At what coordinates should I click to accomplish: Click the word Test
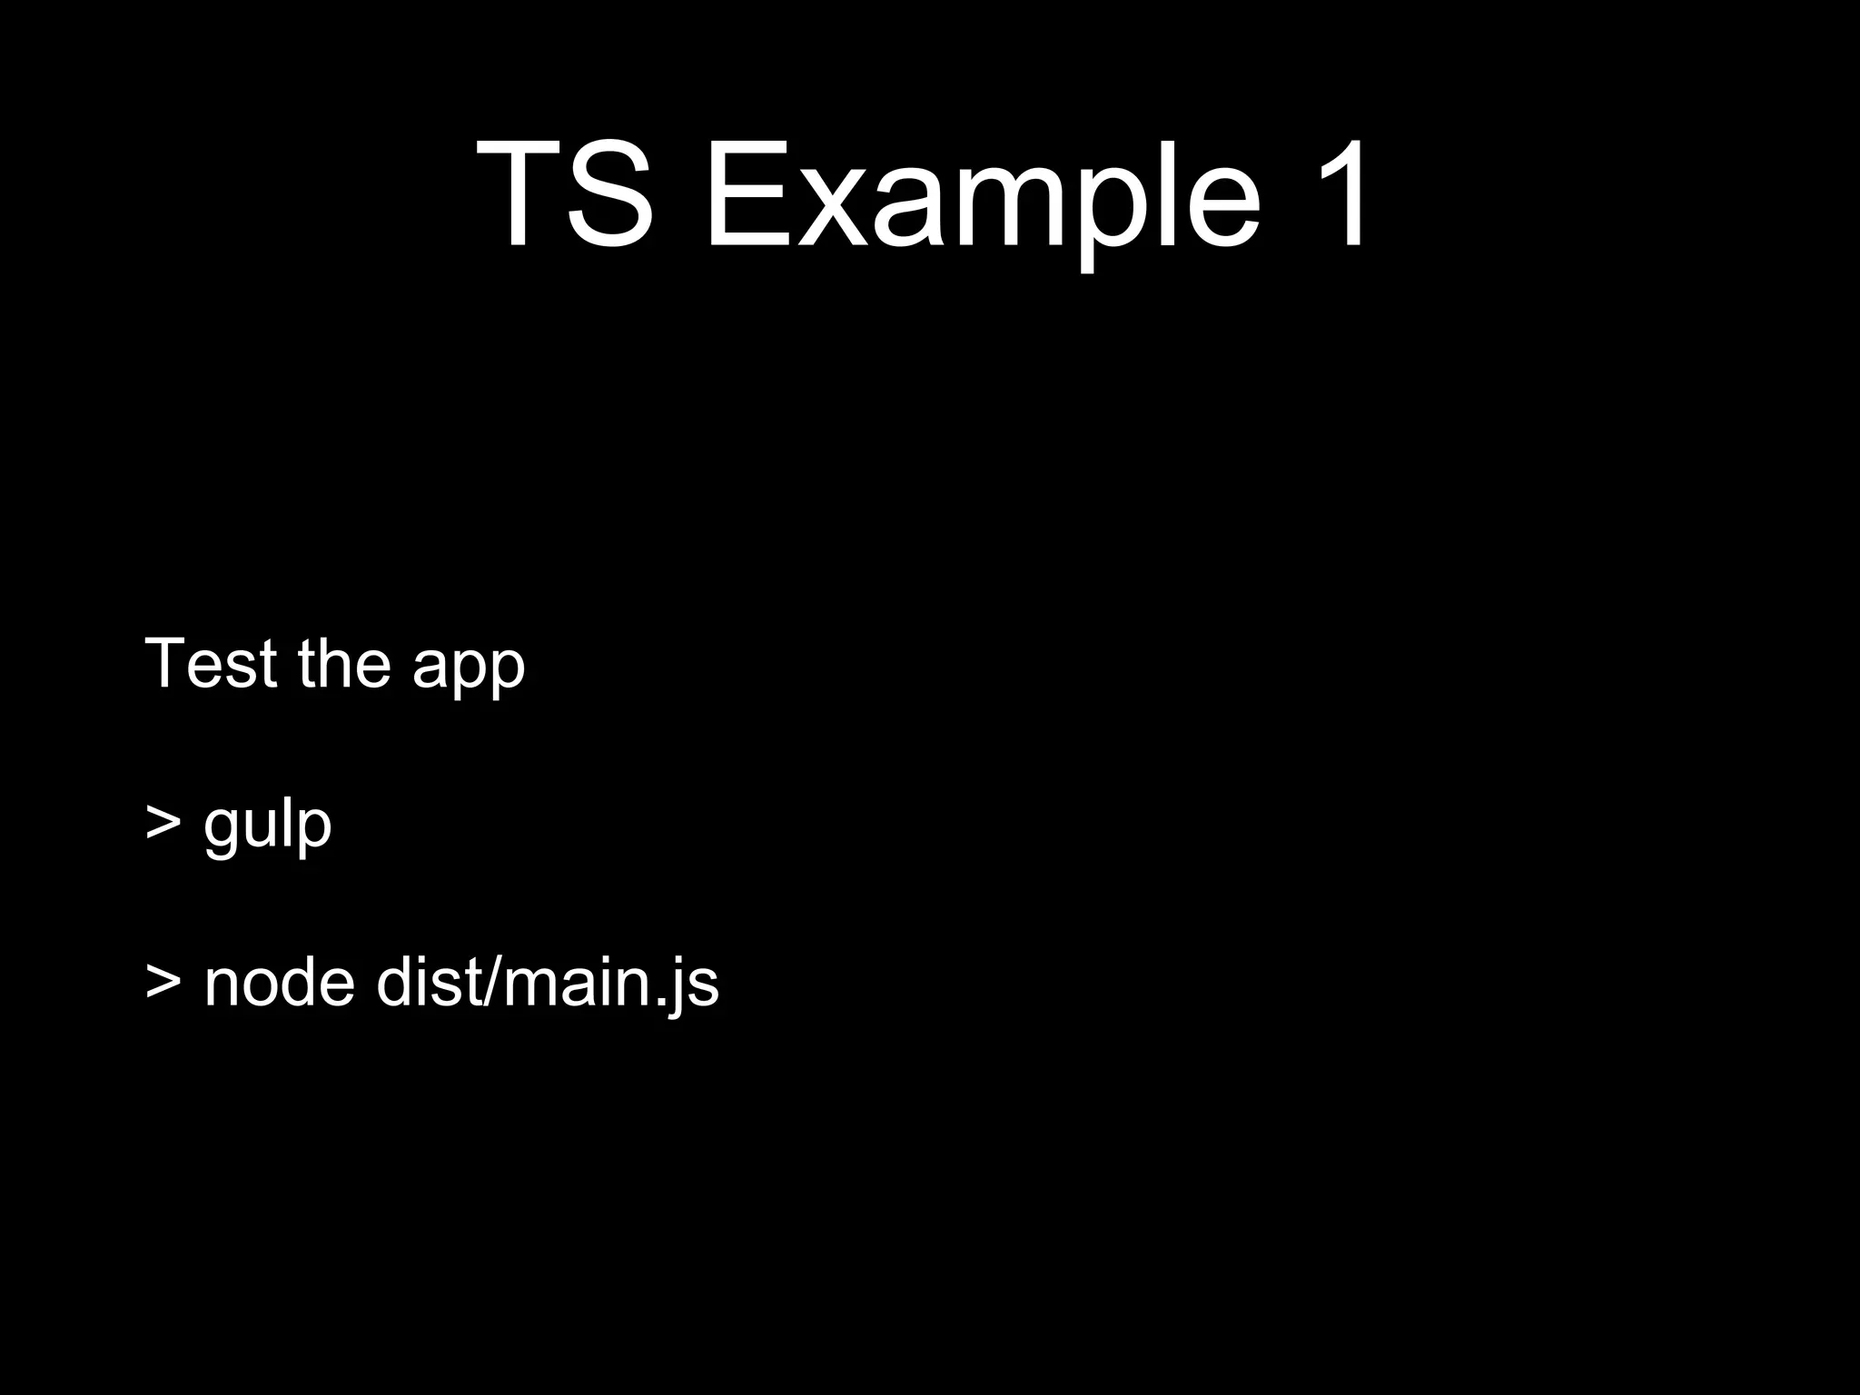click(211, 664)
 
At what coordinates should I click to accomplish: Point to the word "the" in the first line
click(345, 664)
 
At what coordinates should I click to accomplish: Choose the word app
click(469, 672)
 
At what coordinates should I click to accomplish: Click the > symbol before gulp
click(163, 822)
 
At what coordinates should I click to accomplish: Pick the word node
click(279, 983)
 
